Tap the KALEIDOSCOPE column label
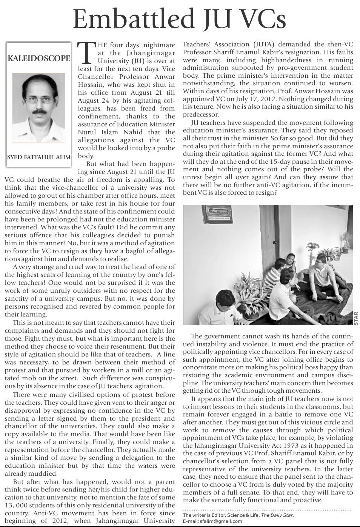point(39,58)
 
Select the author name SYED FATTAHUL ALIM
point(39,157)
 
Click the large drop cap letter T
point(86,53)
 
